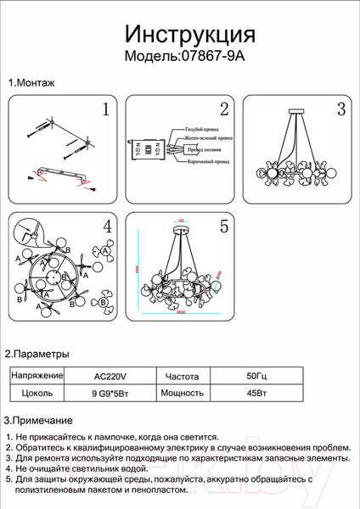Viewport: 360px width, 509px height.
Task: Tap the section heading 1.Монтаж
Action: click(x=31, y=83)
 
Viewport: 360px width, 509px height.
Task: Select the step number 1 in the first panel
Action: click(x=106, y=109)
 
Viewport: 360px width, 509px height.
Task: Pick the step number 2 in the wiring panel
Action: click(x=224, y=109)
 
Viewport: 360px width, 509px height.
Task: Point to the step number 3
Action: click(x=340, y=109)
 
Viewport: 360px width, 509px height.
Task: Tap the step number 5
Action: click(x=224, y=227)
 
